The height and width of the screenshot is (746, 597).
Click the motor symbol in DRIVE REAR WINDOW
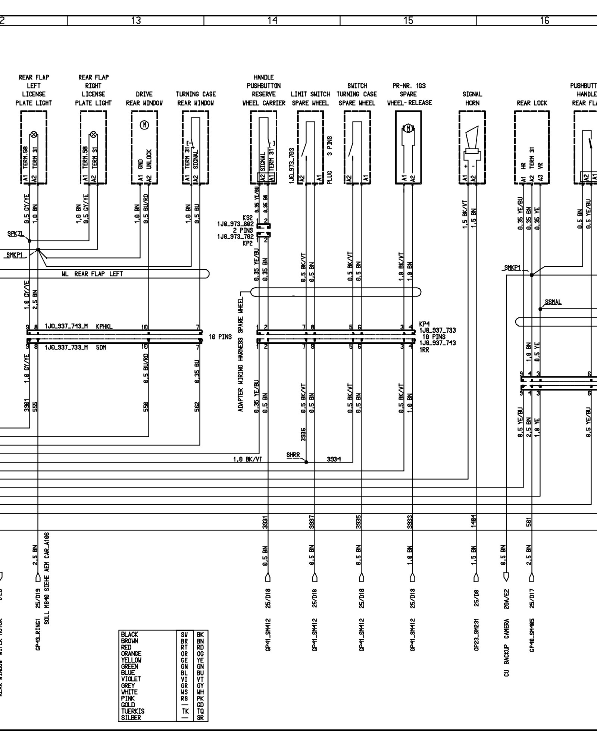(144, 125)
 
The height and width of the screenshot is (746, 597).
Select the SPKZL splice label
(15, 234)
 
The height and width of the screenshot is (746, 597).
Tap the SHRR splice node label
(293, 455)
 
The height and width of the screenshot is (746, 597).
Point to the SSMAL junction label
(553, 303)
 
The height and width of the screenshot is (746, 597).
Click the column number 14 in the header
(272, 21)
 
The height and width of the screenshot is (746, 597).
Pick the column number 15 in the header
(408, 21)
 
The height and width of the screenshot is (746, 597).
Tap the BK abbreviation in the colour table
(201, 634)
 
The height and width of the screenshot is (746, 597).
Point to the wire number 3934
(333, 460)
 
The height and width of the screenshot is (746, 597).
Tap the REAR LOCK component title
(532, 103)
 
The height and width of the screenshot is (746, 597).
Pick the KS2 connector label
(247, 218)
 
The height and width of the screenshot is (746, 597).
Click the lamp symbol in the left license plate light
(34, 134)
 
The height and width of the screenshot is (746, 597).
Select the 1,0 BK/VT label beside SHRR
(247, 460)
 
